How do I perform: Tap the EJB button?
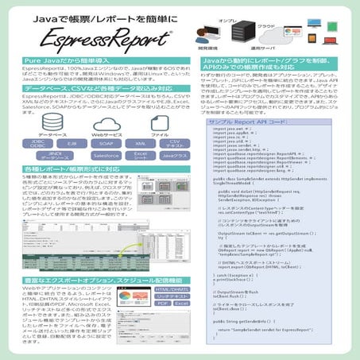pos(72,144)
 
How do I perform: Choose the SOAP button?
pos(106,144)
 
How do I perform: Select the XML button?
pos(140,144)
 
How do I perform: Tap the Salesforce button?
pos(106,156)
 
